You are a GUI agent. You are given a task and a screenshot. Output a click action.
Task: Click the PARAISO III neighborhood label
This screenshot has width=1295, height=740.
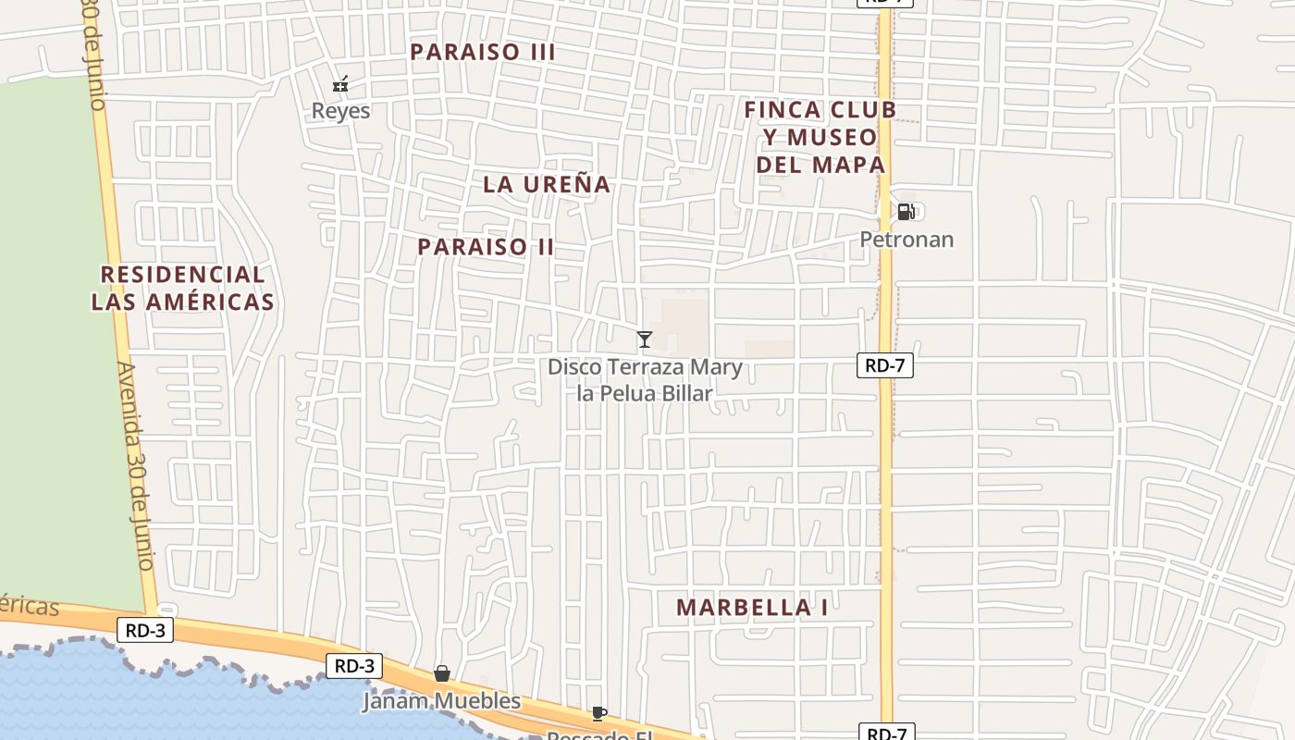point(483,52)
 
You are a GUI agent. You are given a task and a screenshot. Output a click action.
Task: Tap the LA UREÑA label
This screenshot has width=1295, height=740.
point(547,184)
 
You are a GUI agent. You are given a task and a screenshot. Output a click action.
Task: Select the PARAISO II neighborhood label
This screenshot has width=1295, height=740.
point(486,247)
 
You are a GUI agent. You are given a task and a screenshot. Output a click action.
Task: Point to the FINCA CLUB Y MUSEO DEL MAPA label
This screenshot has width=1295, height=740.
point(820,137)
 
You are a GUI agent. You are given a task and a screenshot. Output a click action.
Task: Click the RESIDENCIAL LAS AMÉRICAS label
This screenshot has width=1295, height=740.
point(183,288)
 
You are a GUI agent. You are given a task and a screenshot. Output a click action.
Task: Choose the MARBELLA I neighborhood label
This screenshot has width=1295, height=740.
point(752,608)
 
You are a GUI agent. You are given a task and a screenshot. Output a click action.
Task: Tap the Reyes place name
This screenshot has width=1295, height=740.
point(340,111)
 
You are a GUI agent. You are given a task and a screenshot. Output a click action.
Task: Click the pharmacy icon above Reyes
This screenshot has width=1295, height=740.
point(340,84)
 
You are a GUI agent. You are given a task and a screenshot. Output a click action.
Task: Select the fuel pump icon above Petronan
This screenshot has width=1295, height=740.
point(906,212)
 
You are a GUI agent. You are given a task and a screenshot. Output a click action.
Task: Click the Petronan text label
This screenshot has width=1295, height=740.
point(906,240)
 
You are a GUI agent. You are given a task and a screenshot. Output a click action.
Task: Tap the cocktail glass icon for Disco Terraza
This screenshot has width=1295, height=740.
point(645,339)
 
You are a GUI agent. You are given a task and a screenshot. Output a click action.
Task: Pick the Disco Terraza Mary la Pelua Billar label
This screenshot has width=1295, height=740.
point(645,380)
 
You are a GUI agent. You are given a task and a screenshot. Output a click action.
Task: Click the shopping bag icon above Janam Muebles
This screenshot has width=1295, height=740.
point(442,673)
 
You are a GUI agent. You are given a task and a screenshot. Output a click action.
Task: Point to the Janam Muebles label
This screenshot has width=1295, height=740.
point(442,701)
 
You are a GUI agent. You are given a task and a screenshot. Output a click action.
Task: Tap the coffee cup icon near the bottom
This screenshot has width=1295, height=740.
point(599,713)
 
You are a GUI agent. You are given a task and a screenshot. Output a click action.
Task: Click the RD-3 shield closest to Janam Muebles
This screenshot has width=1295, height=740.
point(354,665)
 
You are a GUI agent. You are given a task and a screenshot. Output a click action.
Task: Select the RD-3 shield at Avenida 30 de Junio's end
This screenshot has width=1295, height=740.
point(145,631)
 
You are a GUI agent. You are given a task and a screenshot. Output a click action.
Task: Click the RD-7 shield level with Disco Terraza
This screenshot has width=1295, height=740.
point(885,365)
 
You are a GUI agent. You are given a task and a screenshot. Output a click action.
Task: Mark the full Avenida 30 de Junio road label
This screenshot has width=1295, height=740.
point(136,465)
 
